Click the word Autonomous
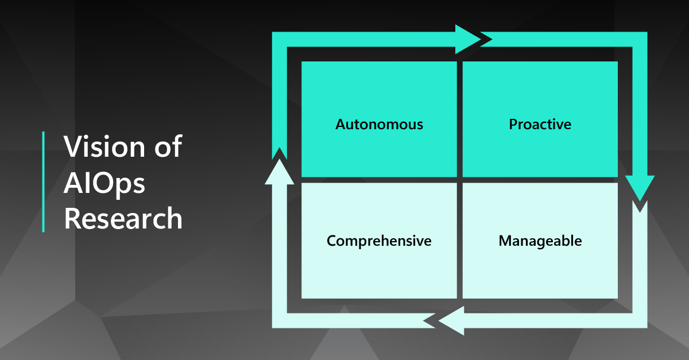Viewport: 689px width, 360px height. click(x=379, y=124)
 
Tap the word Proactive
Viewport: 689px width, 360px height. click(x=540, y=124)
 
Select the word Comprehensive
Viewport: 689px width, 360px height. click(x=379, y=241)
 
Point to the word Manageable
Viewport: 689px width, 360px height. click(x=540, y=241)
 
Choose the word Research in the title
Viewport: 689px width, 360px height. click(x=123, y=219)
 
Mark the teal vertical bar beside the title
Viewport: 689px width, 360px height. click(x=43, y=181)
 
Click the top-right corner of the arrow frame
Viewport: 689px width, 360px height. click(x=640, y=39)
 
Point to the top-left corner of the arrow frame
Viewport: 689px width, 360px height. click(x=280, y=39)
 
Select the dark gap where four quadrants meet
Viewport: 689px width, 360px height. click(x=459, y=180)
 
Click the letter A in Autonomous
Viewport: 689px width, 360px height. click(x=340, y=124)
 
